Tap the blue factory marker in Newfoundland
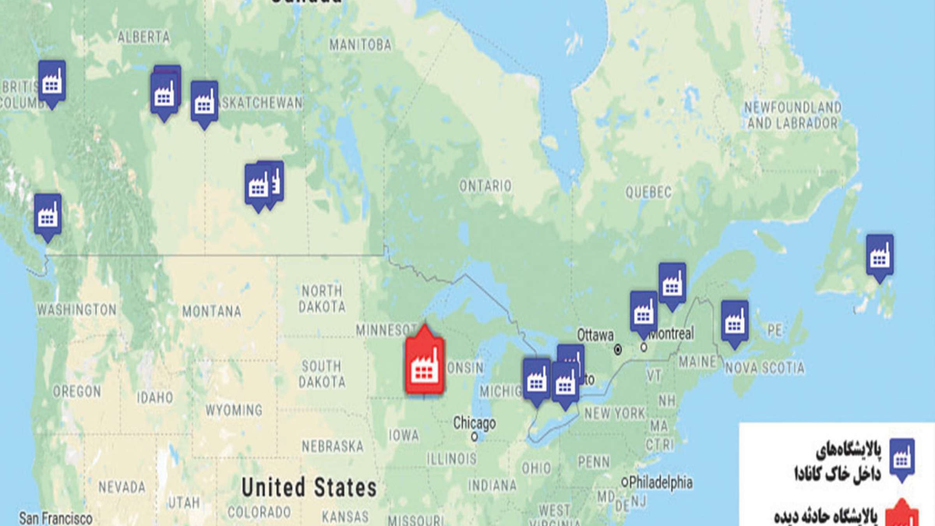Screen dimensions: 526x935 pyautogui.click(x=880, y=256)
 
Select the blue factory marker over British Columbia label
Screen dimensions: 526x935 pyautogui.click(x=52, y=82)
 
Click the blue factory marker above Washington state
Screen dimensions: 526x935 pyautogui.click(x=48, y=215)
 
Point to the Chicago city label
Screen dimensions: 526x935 pyautogui.click(x=474, y=423)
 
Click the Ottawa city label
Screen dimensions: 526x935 pyautogui.click(x=595, y=335)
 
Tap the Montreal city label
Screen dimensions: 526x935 pyautogui.click(x=671, y=334)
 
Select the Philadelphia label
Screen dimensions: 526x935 pyautogui.click(x=661, y=482)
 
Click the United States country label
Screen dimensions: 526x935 pyautogui.click(x=309, y=487)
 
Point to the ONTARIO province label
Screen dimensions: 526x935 pyautogui.click(x=485, y=186)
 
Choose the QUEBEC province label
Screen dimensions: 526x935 pyautogui.click(x=648, y=192)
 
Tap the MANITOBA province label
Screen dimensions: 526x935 pyautogui.click(x=360, y=45)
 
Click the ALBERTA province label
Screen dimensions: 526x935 pyautogui.click(x=144, y=37)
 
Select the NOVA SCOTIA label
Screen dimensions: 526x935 pyautogui.click(x=764, y=368)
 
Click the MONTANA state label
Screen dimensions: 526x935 pyautogui.click(x=212, y=311)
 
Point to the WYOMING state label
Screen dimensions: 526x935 pyautogui.click(x=234, y=410)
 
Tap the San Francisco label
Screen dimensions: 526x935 pyautogui.click(x=56, y=518)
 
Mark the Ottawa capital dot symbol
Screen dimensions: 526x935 pyautogui.click(x=617, y=350)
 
